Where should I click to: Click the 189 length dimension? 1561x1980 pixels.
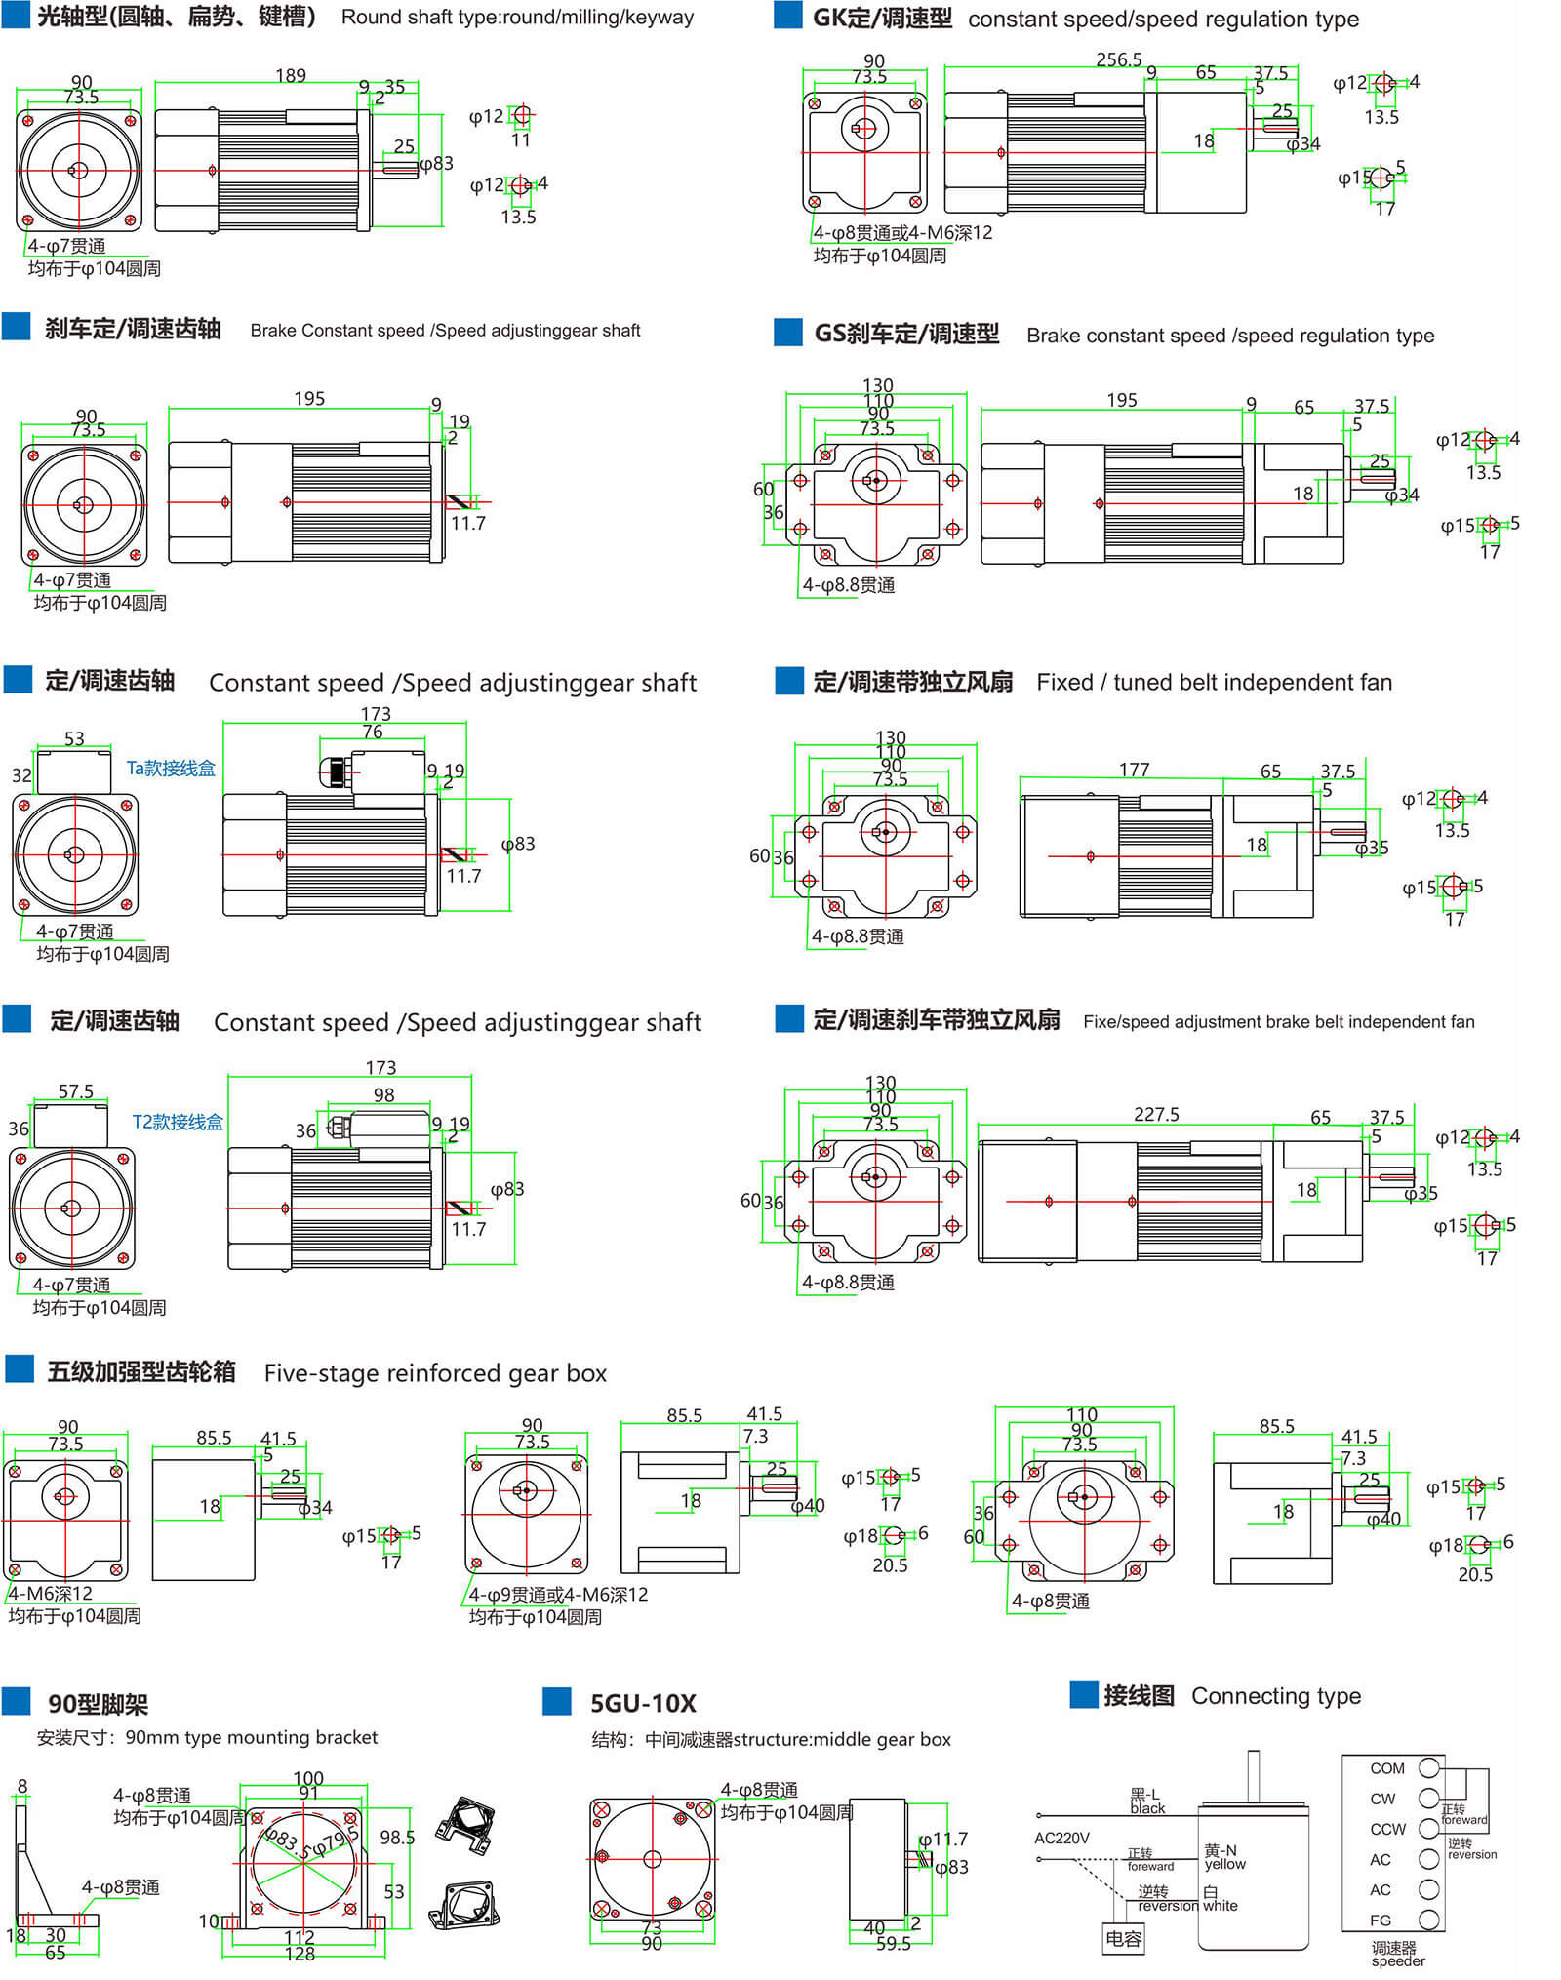tap(290, 75)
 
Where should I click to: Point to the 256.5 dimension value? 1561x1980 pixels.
tap(1118, 59)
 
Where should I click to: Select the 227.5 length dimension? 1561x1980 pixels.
tap(1156, 1114)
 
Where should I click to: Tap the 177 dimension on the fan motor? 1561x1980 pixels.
tap(1134, 770)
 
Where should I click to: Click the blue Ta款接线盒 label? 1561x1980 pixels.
tap(171, 769)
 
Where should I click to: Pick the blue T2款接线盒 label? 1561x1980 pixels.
tap(178, 1122)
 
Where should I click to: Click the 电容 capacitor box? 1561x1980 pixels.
tap(1123, 1938)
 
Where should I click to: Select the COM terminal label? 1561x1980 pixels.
tap(1386, 1768)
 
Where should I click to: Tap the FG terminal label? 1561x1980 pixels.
tap(1381, 1921)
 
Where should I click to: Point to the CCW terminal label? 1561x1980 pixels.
tap(1387, 1829)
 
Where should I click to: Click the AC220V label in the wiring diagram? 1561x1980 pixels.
tap(1061, 1838)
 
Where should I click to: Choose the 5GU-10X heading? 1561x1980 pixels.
tap(643, 1704)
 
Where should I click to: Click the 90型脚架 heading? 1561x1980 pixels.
tap(98, 1705)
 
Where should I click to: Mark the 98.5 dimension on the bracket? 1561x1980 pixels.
tap(397, 1838)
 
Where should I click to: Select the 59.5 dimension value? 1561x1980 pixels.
tap(893, 1943)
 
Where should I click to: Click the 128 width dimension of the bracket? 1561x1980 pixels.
tap(300, 1953)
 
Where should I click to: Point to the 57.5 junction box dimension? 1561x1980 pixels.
tap(76, 1090)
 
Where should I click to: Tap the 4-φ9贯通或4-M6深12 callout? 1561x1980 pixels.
tap(558, 1595)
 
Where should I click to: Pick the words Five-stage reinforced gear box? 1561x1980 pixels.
tap(435, 1373)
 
